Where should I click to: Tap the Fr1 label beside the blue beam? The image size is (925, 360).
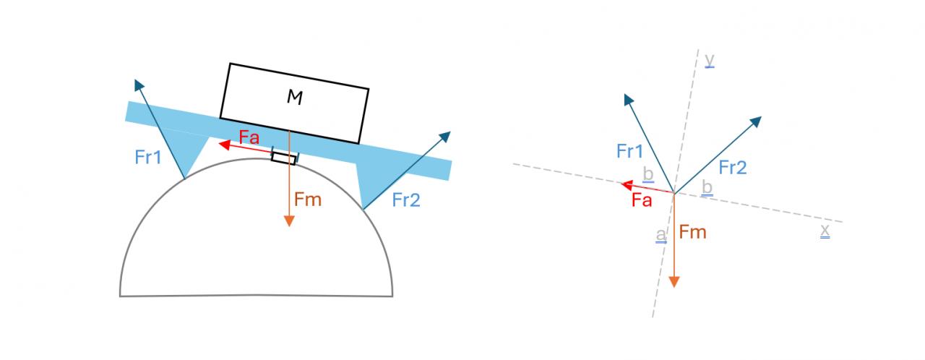click(148, 157)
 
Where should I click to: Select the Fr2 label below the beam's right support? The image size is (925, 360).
click(406, 200)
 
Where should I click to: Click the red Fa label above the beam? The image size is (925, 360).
click(249, 137)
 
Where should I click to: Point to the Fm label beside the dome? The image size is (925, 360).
click(308, 200)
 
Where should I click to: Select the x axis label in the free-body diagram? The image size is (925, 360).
click(825, 231)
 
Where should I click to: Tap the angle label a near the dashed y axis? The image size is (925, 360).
click(661, 236)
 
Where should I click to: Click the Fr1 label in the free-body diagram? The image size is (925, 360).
click(629, 151)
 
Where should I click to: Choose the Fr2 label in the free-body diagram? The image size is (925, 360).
click(732, 168)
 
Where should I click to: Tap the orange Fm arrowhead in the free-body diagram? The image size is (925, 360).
click(674, 281)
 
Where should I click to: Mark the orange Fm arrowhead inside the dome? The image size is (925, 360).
click(289, 220)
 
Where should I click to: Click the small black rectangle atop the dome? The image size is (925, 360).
click(283, 157)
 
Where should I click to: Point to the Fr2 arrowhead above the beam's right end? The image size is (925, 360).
click(445, 135)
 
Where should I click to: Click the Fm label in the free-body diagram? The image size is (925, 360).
click(692, 232)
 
